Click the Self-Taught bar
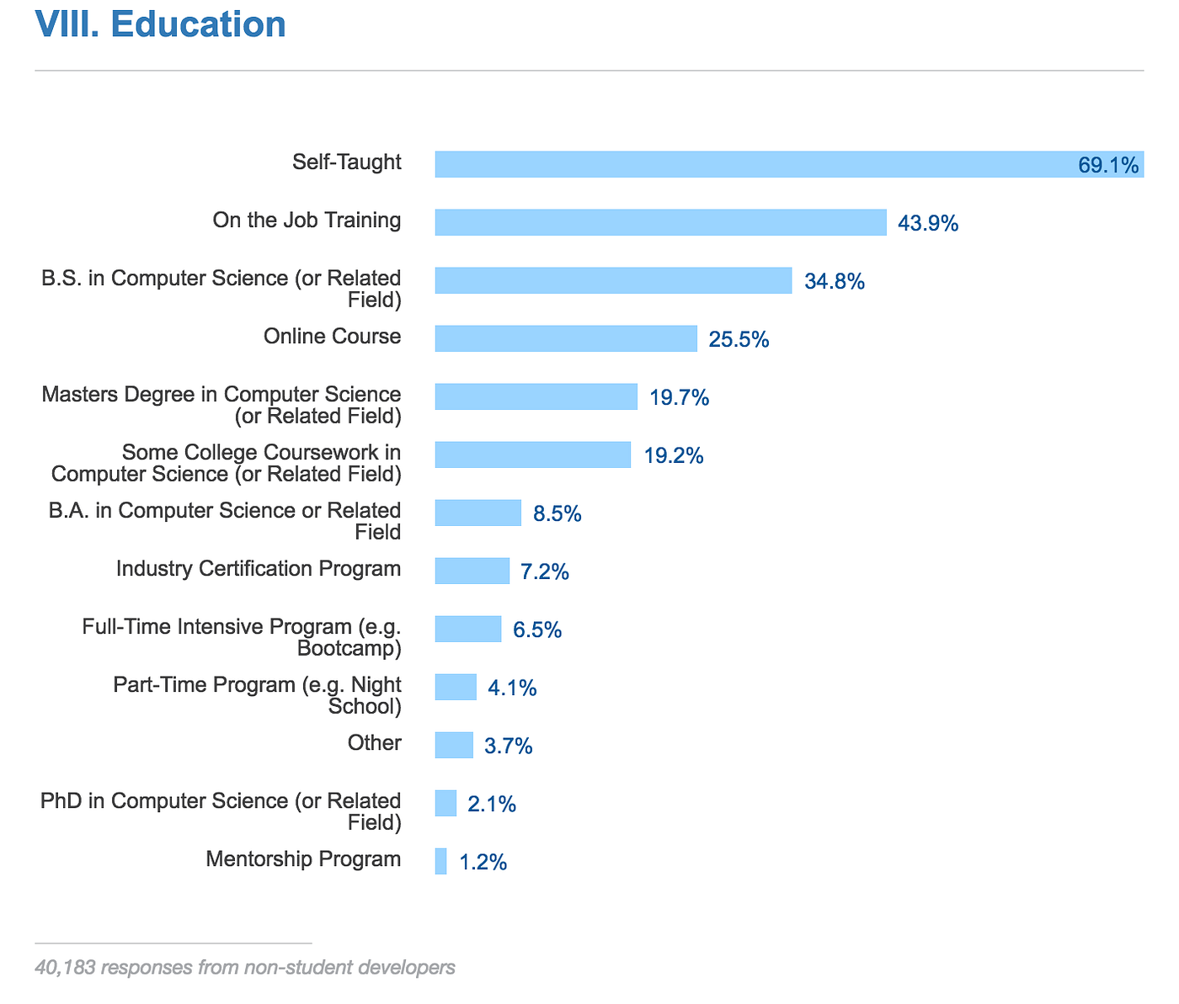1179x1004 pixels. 758,164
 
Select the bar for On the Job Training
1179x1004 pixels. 660,222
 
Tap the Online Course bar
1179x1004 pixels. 566,338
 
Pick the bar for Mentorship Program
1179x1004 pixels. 441,861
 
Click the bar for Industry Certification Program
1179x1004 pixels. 472,571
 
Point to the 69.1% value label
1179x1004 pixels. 1108,165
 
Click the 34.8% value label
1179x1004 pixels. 835,281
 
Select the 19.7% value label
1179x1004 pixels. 679,397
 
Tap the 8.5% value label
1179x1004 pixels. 557,513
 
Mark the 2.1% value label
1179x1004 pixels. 491,805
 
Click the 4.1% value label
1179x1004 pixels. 512,688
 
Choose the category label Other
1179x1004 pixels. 375,743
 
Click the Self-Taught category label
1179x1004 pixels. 347,162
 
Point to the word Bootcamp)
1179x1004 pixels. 349,649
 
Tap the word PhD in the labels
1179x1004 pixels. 61,801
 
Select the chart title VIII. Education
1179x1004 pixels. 160,25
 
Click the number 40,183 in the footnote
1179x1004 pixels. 64,968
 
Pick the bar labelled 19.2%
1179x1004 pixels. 532,454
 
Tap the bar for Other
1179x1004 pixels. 454,745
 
